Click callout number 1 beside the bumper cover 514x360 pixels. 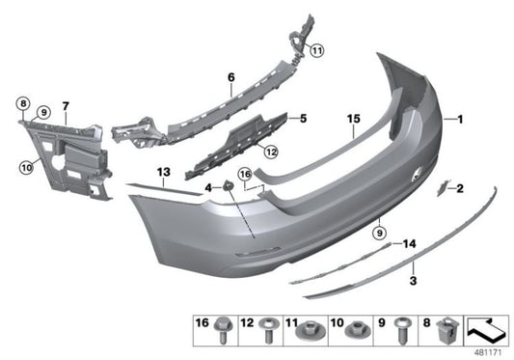pos(461,120)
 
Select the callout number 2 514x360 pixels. pos(460,188)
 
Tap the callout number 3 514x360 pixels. pos(413,281)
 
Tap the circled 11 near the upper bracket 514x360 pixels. pos(317,50)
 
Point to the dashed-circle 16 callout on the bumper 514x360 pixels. pos(246,175)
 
